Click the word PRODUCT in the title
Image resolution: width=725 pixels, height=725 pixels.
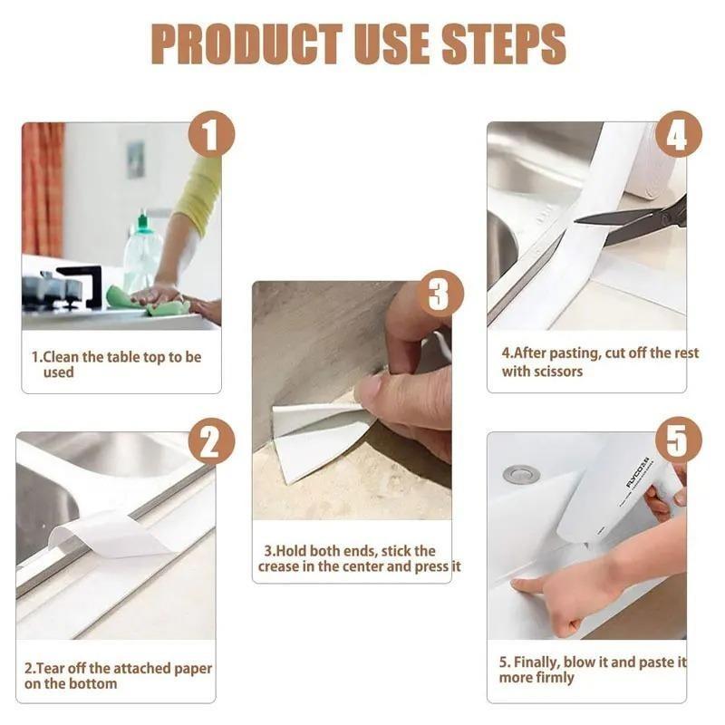click(x=246, y=43)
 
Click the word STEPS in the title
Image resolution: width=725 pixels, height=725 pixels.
click(x=504, y=43)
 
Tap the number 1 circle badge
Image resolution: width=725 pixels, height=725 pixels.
click(x=211, y=134)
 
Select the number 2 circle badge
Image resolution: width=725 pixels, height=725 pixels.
click(x=211, y=441)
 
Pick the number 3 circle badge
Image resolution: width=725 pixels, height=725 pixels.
click(x=440, y=294)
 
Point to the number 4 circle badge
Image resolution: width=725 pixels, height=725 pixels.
click(x=678, y=134)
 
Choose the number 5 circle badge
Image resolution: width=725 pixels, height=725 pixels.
click(x=678, y=440)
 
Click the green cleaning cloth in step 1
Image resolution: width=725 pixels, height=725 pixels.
click(x=148, y=301)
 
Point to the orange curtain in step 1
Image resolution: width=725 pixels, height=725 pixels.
click(x=43, y=189)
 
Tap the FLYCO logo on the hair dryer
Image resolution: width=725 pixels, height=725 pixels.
click(x=638, y=472)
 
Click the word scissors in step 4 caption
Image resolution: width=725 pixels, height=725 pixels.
click(x=554, y=372)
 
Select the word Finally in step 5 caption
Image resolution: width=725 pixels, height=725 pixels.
click(x=536, y=662)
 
